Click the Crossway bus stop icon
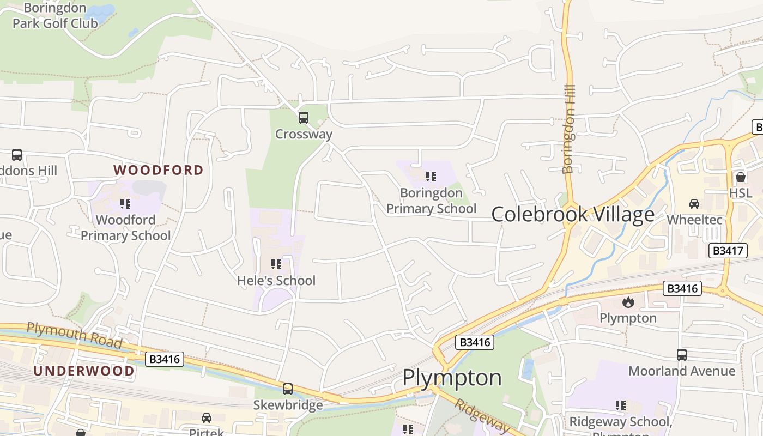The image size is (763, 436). pyautogui.click(x=304, y=117)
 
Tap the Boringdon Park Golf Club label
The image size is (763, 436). pyautogui.click(x=55, y=16)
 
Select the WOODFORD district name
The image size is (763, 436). pyautogui.click(x=158, y=170)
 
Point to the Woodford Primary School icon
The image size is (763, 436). pyautogui.click(x=125, y=204)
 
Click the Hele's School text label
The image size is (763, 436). pyautogui.click(x=276, y=281)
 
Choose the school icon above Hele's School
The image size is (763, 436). pyautogui.click(x=276, y=264)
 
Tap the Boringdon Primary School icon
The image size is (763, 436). pyautogui.click(x=431, y=177)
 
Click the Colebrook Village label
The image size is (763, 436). pyautogui.click(x=573, y=214)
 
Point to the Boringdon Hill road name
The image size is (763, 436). pyautogui.click(x=568, y=129)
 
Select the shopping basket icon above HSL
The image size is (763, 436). pyautogui.click(x=740, y=177)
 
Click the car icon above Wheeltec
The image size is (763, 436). pyautogui.click(x=694, y=204)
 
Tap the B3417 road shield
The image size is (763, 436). pyautogui.click(x=728, y=251)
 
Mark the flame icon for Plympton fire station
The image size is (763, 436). pyautogui.click(x=628, y=302)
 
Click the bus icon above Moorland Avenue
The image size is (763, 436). pyautogui.click(x=681, y=354)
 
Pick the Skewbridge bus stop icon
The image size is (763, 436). pyautogui.click(x=288, y=389)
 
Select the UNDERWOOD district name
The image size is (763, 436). pyautogui.click(x=84, y=371)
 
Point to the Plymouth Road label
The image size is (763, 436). pyautogui.click(x=74, y=334)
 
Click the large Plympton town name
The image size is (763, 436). pyautogui.click(x=452, y=378)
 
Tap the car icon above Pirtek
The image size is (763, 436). pyautogui.click(x=207, y=418)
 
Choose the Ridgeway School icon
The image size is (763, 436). pyautogui.click(x=620, y=405)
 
